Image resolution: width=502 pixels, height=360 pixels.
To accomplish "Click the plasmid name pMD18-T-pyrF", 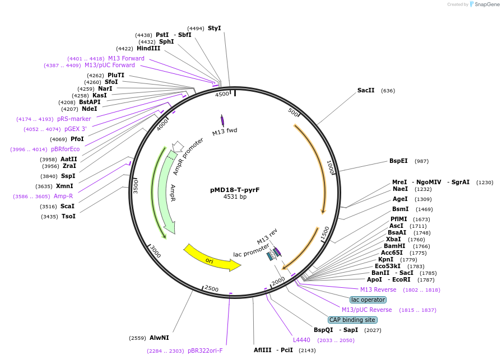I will coord(235,190).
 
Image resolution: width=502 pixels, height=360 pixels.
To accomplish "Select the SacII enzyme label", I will coord(366,91).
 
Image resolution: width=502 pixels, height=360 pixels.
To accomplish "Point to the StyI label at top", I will coord(215,28).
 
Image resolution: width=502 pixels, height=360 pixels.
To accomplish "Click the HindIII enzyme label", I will coord(148,49).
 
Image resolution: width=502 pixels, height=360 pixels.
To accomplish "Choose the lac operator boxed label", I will coord(368,300).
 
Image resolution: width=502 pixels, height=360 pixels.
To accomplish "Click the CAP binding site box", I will coord(352,320).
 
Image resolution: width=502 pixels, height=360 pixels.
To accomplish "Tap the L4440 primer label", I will coord(301,340).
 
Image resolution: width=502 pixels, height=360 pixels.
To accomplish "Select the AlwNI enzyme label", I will coord(159,338).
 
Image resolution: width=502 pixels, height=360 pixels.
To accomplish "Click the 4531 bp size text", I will coord(235,197).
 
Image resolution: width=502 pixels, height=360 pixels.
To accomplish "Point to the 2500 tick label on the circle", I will coord(211,288).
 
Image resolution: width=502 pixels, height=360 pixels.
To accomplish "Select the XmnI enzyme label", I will coord(64,186).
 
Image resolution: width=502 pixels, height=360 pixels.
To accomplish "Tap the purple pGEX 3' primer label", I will coord(76,129).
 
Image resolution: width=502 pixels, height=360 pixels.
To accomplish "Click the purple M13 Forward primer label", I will coord(126,59).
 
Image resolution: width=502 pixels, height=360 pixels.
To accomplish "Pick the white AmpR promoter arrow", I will coord(178,147).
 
